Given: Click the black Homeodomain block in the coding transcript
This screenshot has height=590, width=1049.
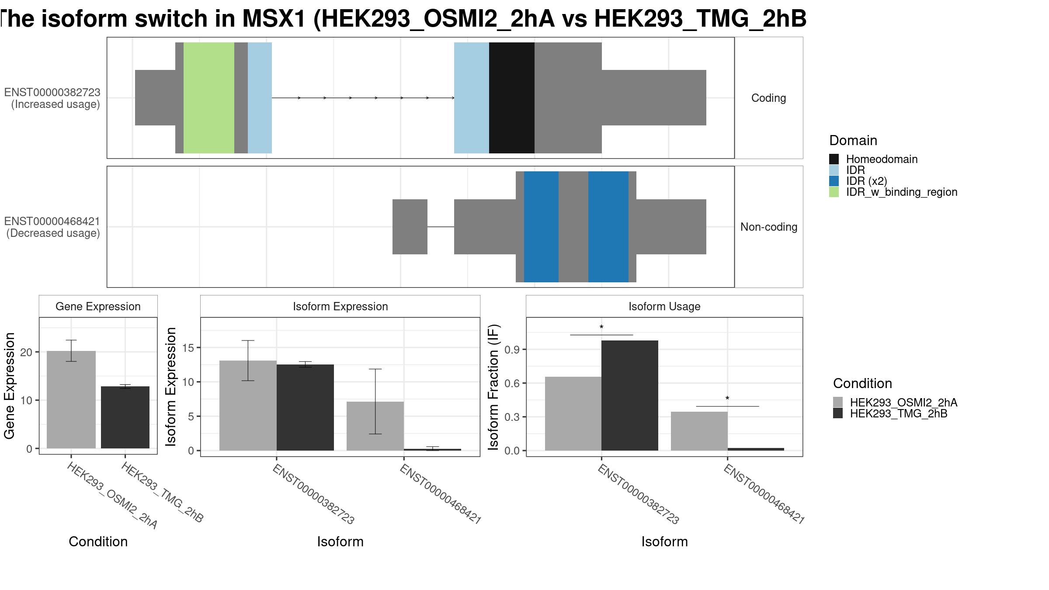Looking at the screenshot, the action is click(511, 98).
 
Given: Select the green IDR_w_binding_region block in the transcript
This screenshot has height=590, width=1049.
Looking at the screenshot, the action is click(209, 98).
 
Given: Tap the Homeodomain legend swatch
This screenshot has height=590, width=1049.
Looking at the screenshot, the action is click(834, 159).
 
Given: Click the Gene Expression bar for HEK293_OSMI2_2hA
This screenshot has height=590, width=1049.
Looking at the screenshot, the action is click(71, 399).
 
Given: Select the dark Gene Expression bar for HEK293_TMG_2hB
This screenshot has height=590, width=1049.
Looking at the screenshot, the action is click(125, 417).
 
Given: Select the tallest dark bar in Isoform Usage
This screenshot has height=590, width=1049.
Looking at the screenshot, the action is click(630, 396).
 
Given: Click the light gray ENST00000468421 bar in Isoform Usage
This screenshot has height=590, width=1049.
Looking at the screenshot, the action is click(699, 431).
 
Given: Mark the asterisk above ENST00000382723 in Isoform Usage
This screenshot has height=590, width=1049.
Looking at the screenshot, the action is click(601, 327).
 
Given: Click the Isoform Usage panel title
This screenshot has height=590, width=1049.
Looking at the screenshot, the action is click(664, 307).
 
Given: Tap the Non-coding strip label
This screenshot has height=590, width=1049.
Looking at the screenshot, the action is click(769, 227).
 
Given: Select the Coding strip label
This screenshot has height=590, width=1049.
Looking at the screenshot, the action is click(769, 98).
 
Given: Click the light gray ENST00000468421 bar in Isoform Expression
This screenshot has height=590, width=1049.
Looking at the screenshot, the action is click(375, 426).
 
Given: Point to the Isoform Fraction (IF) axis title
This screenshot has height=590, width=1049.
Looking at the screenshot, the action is click(493, 387).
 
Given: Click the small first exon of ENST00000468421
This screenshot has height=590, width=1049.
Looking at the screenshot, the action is click(410, 227).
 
